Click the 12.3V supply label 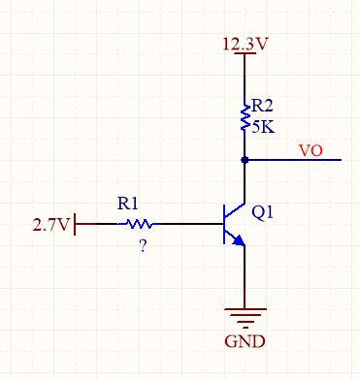245,44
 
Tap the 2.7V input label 51,225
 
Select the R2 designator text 262,106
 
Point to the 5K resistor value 263,127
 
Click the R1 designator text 128,204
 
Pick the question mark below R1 143,247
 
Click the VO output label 311,151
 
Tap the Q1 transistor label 262,212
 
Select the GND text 245,341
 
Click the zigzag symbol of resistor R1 139,223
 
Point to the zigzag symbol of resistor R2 245,118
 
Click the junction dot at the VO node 245,160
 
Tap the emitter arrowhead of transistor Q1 240,241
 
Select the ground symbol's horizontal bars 245,318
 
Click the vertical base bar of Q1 224,224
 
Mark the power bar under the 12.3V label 245,52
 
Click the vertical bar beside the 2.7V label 75,224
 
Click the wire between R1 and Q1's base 191,223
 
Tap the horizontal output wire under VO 293,160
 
